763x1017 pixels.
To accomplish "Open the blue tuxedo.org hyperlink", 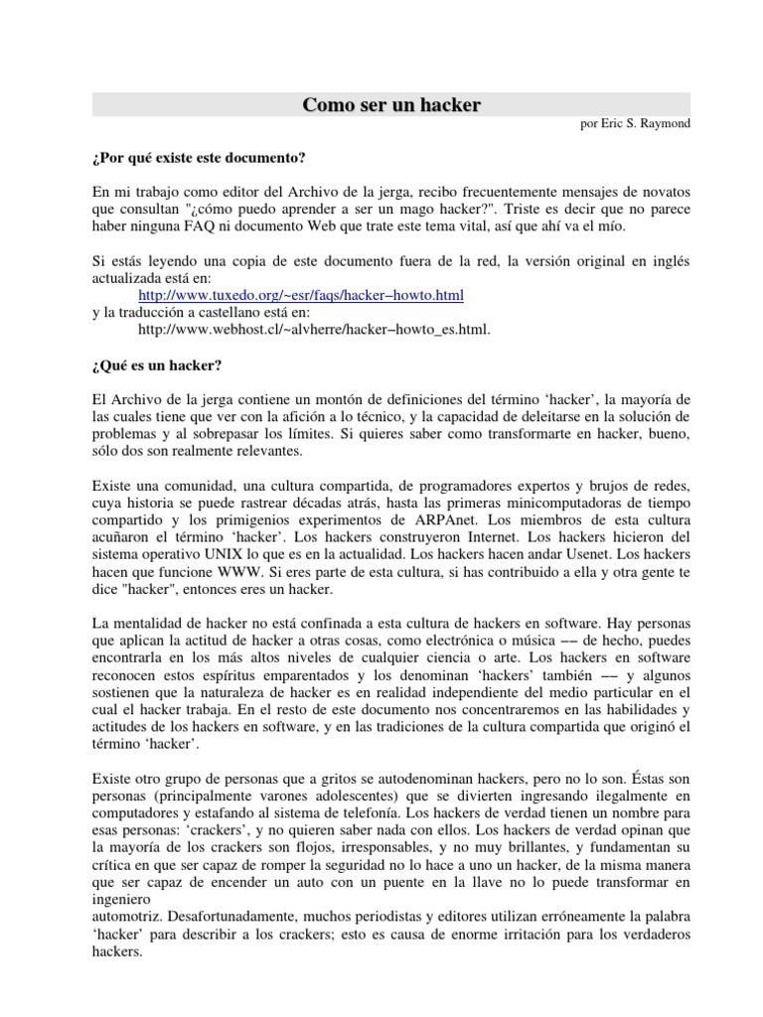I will point(301,296).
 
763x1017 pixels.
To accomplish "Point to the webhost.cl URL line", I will point(315,329).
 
